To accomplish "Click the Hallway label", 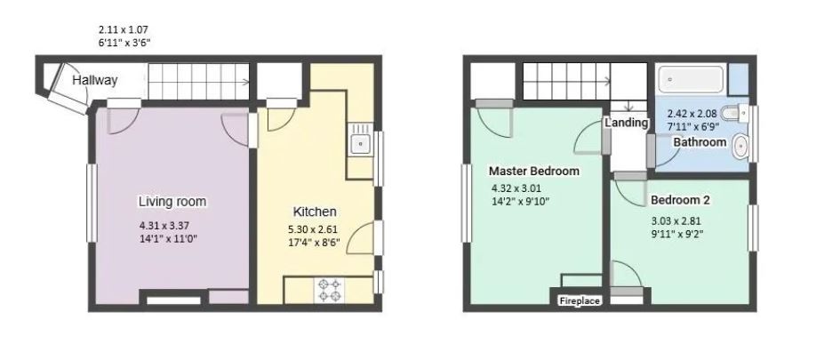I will pos(94,81).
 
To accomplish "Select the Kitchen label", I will pos(315,212).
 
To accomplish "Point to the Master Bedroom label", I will pos(533,171).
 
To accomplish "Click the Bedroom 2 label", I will pos(680,200).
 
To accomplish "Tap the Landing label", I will pos(627,123).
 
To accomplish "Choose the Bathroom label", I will pos(699,142).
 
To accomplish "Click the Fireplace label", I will pos(580,301).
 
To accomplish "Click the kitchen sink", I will pos(360,142).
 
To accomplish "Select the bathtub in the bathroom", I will pos(692,82).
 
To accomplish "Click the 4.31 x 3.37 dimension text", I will pos(164,225).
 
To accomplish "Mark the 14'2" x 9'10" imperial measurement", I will pos(521,202).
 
